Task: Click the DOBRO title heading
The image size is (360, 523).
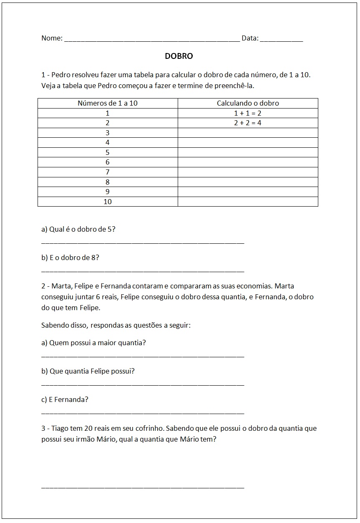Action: pos(179,56)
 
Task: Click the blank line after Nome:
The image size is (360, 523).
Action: pos(152,40)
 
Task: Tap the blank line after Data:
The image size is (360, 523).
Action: pos(281,40)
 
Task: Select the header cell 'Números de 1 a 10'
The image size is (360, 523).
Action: pos(108,103)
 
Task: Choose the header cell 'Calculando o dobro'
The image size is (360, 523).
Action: pos(248,103)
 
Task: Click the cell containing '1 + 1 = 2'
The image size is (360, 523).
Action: pos(248,113)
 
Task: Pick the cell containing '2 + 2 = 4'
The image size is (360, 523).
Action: pos(248,123)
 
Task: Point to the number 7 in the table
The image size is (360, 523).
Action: pos(108,172)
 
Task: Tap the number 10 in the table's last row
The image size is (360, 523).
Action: pos(108,202)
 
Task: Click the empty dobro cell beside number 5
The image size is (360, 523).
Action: pos(248,152)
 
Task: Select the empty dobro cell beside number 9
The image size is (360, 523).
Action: pos(248,192)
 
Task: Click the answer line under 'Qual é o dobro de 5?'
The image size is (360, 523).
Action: pos(143,243)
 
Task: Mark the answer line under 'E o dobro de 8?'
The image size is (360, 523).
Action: pos(143,271)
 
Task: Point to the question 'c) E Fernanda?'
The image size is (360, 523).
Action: pos(65,399)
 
